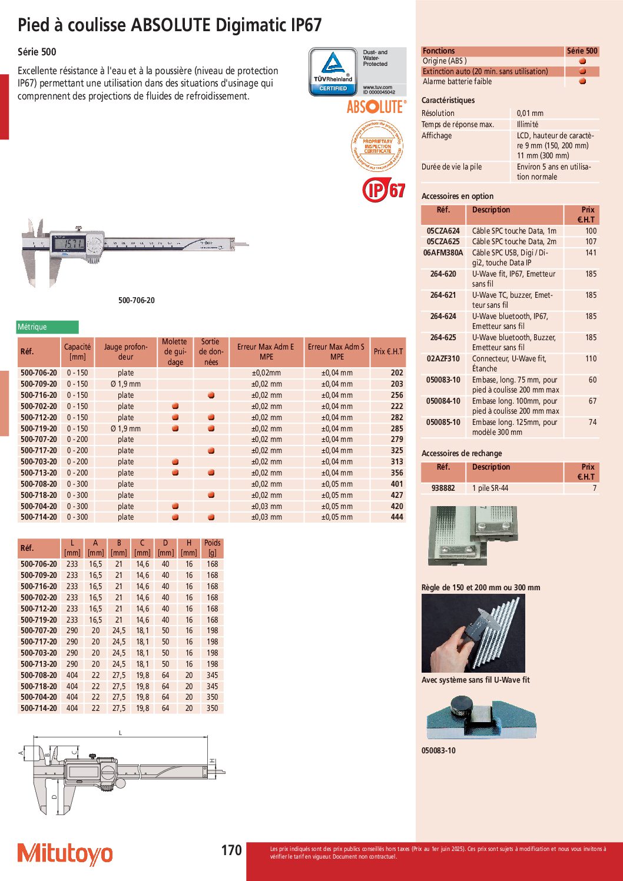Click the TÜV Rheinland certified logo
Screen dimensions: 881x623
click(333, 72)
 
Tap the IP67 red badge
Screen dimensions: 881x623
click(383, 190)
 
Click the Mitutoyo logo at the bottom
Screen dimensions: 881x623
click(65, 853)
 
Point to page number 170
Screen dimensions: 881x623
click(231, 850)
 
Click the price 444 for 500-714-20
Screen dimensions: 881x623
click(397, 517)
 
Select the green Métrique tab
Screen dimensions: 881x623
click(47, 327)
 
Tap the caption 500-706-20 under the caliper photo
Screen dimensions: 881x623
click(137, 301)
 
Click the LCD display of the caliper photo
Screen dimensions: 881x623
click(68, 243)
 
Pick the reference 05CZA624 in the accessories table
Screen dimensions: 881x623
click(443, 231)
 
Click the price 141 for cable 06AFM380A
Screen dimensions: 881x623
click(591, 252)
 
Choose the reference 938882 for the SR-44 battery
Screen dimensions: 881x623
click(443, 488)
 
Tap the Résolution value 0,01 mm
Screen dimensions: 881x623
click(530, 114)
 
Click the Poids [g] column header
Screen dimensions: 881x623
click(213, 548)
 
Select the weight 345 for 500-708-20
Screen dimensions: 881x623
click(213, 676)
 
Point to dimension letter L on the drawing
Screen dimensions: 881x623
click(121, 733)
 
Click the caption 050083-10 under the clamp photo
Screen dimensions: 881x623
click(439, 751)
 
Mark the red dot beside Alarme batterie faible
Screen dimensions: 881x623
click(582, 82)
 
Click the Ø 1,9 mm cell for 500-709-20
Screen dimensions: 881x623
click(125, 384)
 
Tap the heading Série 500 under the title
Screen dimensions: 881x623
click(37, 52)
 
